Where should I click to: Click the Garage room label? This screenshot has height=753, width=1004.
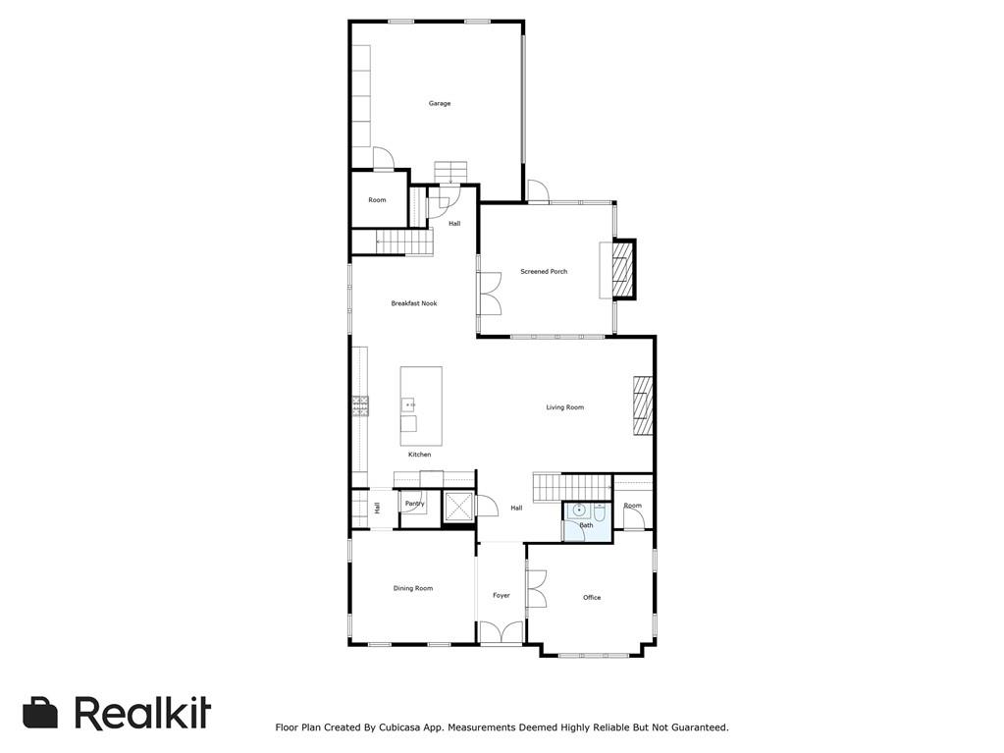pos(439,103)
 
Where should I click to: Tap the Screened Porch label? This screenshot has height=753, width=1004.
pos(544,272)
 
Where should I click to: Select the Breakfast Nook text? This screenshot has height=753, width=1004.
pos(413,303)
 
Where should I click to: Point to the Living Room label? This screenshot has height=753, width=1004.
pos(564,407)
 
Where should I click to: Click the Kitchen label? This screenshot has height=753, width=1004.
pos(419,455)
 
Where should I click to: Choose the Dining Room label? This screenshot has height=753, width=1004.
pos(412,588)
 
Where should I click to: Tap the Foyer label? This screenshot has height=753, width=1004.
pos(501,595)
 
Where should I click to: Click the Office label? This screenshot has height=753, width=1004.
pos(591,597)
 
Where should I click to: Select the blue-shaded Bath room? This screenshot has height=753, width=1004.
pos(586,520)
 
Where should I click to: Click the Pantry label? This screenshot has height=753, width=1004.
pos(414,504)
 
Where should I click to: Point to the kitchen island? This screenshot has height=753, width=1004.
pos(420,405)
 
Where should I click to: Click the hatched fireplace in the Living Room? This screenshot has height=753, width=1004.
pos(643,405)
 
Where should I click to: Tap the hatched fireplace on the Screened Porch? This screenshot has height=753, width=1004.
pos(621,270)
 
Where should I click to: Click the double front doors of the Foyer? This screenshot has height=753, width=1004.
pos(502,633)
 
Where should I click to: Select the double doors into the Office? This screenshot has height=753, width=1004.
pos(535,589)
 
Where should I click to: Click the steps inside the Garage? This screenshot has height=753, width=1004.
pos(450,171)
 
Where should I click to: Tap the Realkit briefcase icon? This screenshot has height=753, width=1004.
pos(40,713)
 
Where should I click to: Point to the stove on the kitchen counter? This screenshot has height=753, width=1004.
pos(360,404)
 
